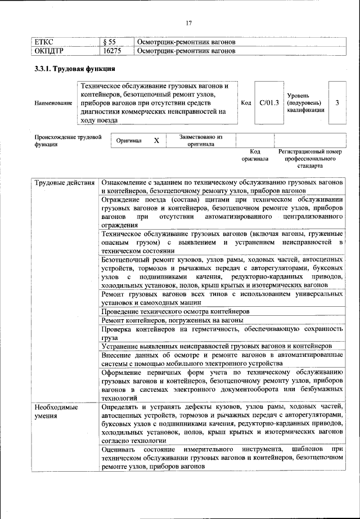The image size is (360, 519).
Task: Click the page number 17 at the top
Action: (189, 23)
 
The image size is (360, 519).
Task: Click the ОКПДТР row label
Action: (48, 51)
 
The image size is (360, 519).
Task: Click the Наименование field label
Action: (53, 103)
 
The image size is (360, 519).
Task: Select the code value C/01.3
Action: (269, 103)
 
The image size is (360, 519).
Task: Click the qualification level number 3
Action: (337, 103)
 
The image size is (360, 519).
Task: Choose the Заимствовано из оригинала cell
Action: (201, 140)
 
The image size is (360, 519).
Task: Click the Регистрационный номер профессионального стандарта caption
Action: (310, 159)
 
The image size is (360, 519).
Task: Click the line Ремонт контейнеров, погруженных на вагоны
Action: (172, 320)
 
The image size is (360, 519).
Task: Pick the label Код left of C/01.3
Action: (246, 103)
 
